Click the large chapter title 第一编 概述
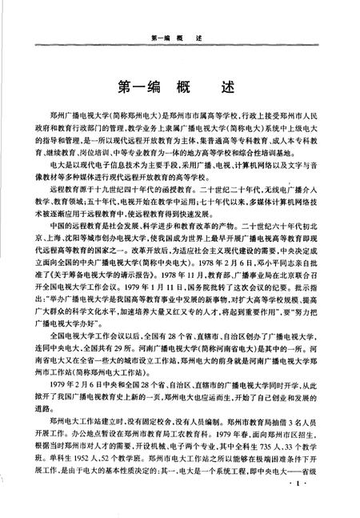click(x=179, y=86)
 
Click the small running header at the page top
click(x=179, y=38)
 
